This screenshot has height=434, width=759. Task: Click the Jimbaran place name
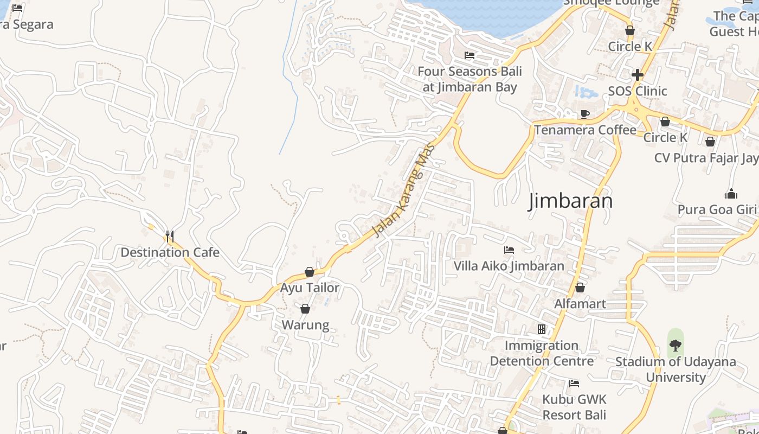tap(571, 201)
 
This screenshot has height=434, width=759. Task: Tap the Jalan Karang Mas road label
tap(404, 190)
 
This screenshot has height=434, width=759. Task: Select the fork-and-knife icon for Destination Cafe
tap(170, 236)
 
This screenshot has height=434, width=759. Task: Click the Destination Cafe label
tap(170, 252)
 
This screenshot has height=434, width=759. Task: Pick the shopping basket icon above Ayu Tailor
tap(310, 272)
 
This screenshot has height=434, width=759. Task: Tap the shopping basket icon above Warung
tap(305, 309)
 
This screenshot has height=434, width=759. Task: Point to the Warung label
tap(305, 325)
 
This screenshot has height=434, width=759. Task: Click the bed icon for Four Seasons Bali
tap(469, 55)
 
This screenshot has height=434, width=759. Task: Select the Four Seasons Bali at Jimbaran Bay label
tap(469, 79)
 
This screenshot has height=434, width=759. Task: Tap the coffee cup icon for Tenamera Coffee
tap(585, 114)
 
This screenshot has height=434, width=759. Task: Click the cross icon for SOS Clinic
tap(638, 74)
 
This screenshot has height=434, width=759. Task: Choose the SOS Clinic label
tap(638, 91)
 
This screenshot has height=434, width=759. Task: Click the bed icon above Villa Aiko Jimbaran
tap(509, 250)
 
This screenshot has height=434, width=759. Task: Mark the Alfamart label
tap(580, 303)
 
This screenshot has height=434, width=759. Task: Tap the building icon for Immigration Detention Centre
tap(541, 329)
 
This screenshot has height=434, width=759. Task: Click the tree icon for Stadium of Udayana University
tap(676, 344)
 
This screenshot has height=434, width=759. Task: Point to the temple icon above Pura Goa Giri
tap(731, 194)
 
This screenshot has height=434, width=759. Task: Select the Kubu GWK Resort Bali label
tap(574, 407)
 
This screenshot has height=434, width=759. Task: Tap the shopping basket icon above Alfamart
tap(580, 288)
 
